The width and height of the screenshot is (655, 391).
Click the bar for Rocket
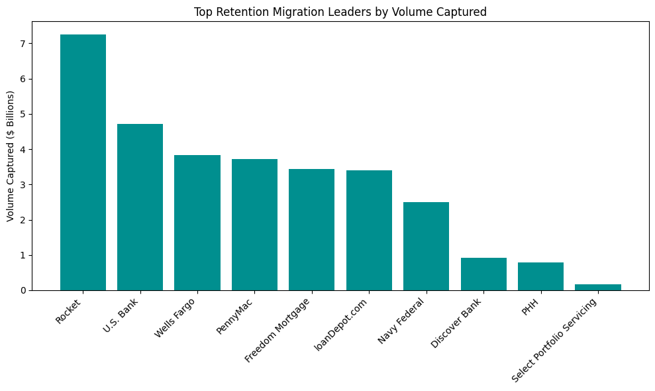click(83, 162)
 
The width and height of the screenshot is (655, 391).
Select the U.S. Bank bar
click(140, 207)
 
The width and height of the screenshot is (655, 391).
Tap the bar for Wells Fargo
click(197, 223)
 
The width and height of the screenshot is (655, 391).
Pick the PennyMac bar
click(254, 225)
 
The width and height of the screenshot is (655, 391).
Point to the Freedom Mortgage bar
click(311, 229)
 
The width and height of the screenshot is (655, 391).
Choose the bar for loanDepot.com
click(369, 230)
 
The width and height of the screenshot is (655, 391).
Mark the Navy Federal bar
click(426, 246)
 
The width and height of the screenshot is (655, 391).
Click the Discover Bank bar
click(483, 274)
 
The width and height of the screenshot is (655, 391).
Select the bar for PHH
click(540, 276)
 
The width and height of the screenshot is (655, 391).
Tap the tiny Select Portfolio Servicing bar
click(598, 287)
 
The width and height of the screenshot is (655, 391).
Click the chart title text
click(339, 12)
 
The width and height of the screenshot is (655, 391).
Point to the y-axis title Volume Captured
click(11, 156)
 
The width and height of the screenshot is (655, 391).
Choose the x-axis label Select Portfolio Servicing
click(554, 340)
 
